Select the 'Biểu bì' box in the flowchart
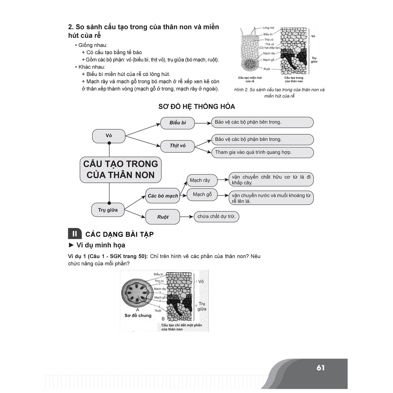click(178, 123)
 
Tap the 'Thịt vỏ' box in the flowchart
click(178, 145)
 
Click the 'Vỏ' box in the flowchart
click(109, 136)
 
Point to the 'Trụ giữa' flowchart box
click(108, 210)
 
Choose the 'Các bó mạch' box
click(163, 196)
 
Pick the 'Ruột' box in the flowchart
click(163, 217)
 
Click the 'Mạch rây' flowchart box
click(200, 180)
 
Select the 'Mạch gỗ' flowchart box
click(202, 195)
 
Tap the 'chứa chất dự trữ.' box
click(216, 217)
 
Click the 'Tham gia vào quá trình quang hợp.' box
click(262, 152)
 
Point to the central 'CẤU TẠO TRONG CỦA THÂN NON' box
click(121, 169)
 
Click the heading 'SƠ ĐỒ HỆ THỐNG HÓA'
click(196, 106)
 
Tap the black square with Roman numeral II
click(74, 234)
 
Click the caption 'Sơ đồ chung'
click(138, 315)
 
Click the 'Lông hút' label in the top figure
click(269, 28)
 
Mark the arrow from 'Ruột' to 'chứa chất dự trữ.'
click(186, 217)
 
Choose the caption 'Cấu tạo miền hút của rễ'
click(249, 79)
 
